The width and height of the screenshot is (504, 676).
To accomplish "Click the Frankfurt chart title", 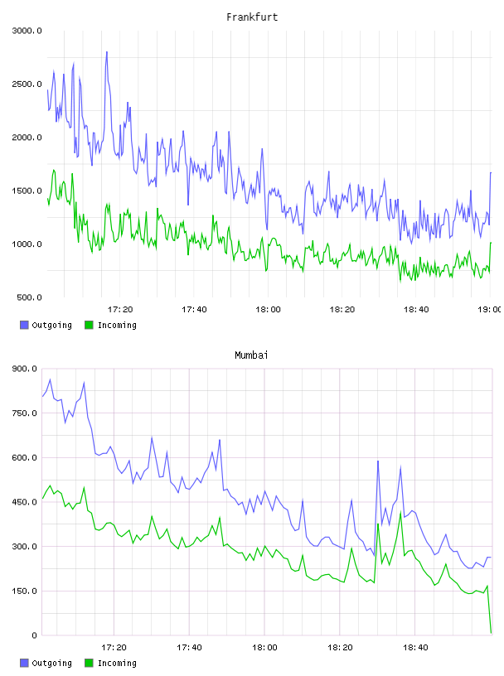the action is (x=252, y=17).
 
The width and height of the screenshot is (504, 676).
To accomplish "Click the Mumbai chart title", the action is (x=251, y=355).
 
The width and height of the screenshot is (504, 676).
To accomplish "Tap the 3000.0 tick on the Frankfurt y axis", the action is (x=27, y=31).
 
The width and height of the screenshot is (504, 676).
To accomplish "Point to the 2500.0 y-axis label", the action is (x=27, y=84).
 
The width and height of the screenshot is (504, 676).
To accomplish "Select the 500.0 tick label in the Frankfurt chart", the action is (x=29, y=297).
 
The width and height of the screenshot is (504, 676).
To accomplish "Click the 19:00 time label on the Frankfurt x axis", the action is (x=489, y=310).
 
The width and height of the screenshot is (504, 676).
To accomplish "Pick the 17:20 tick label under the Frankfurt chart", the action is (x=120, y=310).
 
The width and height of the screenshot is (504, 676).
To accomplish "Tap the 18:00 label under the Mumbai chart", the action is (x=264, y=648).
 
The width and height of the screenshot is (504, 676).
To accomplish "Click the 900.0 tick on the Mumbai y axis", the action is (x=24, y=369).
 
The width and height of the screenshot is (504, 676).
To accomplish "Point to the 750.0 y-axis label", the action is (x=24, y=413).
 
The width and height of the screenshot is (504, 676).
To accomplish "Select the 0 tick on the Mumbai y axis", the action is (x=34, y=635).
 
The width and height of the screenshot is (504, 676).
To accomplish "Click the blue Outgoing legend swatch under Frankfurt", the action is (x=24, y=325).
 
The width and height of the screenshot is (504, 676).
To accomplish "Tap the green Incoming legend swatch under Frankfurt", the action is (x=89, y=325).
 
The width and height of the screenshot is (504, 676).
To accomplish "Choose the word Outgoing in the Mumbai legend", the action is (x=51, y=663).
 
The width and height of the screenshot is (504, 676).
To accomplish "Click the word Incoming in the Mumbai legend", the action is (x=117, y=663).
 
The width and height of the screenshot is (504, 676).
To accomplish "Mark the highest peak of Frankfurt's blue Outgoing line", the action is (x=107, y=52).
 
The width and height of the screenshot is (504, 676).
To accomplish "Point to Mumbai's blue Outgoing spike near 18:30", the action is (x=378, y=461).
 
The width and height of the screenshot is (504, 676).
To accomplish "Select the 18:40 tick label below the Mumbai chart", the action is (x=415, y=648).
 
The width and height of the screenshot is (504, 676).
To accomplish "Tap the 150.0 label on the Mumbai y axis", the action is (x=24, y=591).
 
